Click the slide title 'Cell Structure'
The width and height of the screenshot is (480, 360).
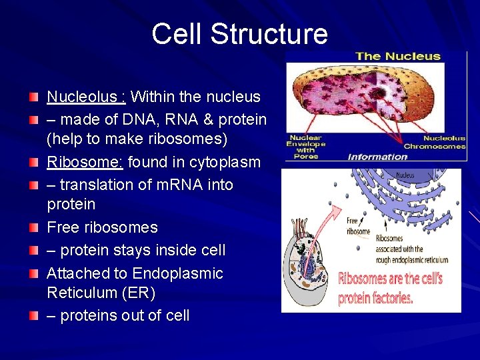[239, 34]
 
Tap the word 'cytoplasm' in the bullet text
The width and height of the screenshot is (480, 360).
[227, 162]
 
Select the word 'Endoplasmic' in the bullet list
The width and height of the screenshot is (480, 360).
[177, 273]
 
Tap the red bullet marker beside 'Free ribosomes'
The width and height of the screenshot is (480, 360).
[34, 227]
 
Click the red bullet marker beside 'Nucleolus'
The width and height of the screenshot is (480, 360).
[34, 97]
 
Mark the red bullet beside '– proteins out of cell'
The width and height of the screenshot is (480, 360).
[34, 315]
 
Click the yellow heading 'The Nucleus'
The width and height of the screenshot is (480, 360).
[397, 56]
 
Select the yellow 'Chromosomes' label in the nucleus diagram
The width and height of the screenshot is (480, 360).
[434, 146]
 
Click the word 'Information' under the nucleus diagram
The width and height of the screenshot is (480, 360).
[377, 157]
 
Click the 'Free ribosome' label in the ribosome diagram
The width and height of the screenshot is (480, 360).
[357, 226]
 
